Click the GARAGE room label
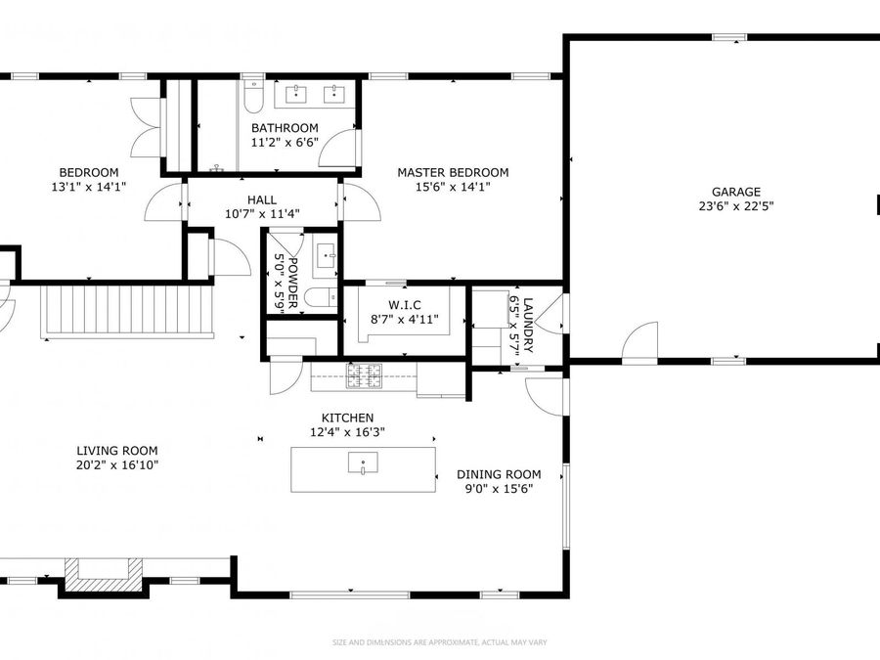(735, 192)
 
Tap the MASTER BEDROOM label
(453, 172)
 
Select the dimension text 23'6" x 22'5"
(735, 206)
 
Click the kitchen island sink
(363, 463)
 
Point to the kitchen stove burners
(364, 376)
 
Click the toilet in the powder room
(321, 297)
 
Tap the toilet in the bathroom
(253, 97)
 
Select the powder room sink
(326, 256)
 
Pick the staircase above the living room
(127, 311)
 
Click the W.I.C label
(404, 305)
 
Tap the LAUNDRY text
(528, 325)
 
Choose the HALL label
(262, 199)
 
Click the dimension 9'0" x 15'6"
(499, 489)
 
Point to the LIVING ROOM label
(117, 451)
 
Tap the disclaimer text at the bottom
(439, 642)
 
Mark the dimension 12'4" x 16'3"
(347, 432)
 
